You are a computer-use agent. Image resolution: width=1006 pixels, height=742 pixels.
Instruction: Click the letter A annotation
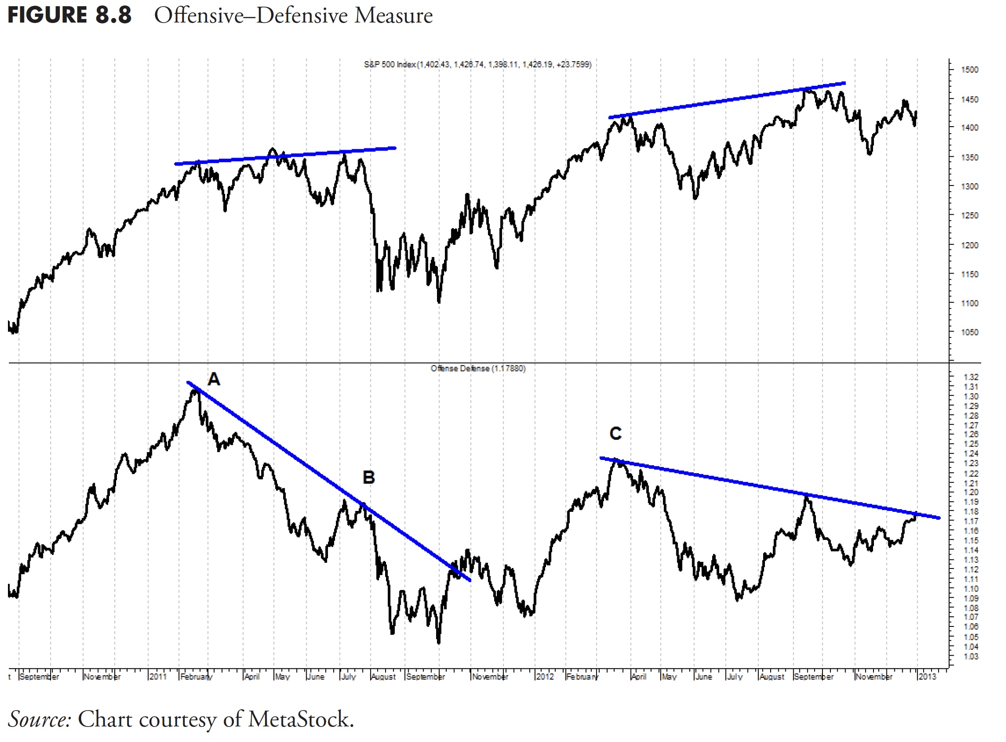point(214,379)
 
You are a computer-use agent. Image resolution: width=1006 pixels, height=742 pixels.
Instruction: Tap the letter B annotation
point(369,477)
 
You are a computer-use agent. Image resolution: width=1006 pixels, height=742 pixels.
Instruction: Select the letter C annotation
point(616,433)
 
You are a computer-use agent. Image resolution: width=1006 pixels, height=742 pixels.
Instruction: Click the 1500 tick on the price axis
point(970,70)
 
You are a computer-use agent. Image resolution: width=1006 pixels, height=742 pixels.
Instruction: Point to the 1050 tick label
point(970,332)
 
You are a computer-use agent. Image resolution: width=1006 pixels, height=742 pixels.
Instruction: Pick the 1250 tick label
point(970,216)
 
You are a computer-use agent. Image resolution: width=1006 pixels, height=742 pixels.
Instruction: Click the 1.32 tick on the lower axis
point(971,377)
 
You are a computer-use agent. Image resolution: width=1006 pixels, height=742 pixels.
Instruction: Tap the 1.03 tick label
point(971,657)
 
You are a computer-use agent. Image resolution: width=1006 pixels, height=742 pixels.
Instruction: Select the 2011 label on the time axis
point(158,676)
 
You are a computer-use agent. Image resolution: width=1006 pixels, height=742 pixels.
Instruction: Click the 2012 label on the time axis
point(545,676)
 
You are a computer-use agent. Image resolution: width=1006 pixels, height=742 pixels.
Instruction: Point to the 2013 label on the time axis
point(927,676)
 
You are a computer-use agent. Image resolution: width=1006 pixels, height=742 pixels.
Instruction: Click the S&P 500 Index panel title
point(477,65)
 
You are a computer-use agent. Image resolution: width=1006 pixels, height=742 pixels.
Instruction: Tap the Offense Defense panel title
point(478,368)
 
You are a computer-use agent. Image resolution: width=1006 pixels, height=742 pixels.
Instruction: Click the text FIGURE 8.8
point(70,15)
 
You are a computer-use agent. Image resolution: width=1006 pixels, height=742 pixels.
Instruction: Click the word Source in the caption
point(39,719)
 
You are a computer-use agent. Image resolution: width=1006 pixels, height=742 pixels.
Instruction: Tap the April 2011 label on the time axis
point(252,676)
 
